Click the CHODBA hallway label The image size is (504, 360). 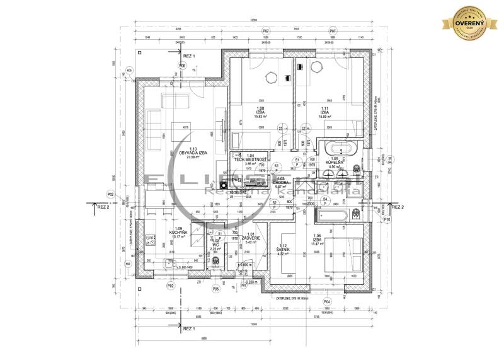[280, 183]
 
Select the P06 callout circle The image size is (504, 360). [182, 66]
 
